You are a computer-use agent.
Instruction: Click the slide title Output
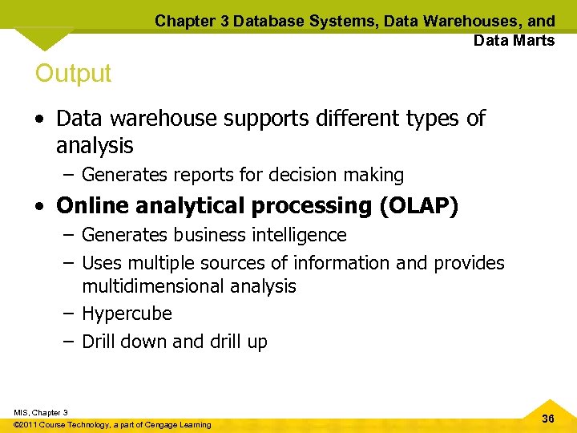click(x=73, y=74)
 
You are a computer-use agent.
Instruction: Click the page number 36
click(x=548, y=419)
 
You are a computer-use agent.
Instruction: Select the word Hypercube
click(x=127, y=314)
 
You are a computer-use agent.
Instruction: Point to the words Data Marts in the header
click(x=514, y=40)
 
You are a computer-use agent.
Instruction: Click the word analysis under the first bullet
click(x=95, y=146)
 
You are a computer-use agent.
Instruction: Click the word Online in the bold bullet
click(x=91, y=206)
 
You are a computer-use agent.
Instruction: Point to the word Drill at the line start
click(x=99, y=342)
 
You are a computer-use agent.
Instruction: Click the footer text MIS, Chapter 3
click(x=41, y=412)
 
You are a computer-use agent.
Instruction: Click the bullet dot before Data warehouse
click(x=40, y=119)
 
